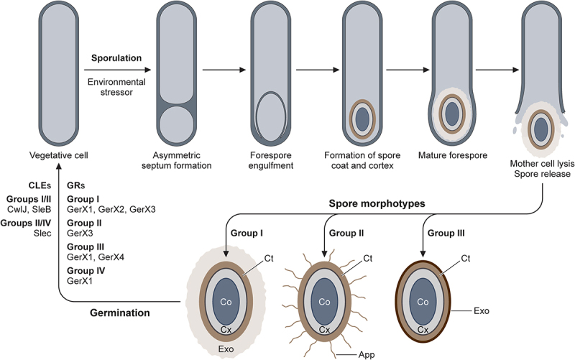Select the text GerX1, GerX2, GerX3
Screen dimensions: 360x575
[x=111, y=209]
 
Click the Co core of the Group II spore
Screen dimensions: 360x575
[x=324, y=303]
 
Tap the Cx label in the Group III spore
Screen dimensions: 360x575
[x=423, y=330]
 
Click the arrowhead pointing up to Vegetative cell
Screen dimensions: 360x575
[x=59, y=169]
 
